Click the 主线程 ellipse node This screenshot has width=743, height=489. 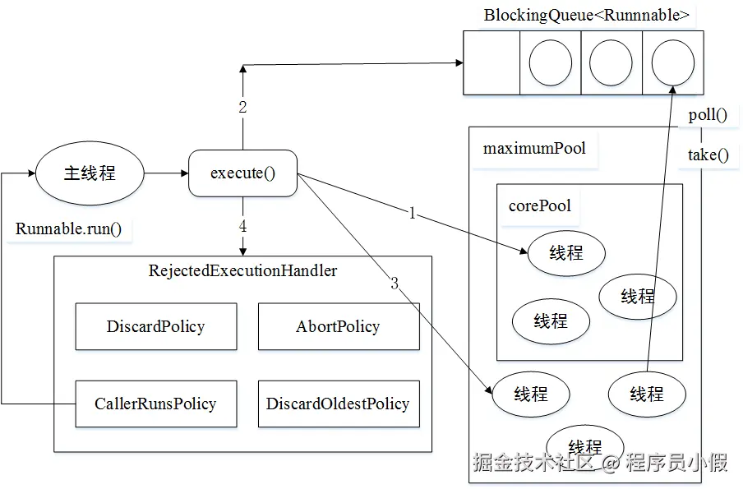(x=90, y=173)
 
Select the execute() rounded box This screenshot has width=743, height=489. (x=242, y=173)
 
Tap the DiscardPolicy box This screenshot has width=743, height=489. (x=155, y=326)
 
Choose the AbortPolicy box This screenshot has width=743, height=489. (x=338, y=326)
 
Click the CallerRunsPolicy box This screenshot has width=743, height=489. (x=155, y=404)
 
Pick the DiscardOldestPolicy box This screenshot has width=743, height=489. (x=338, y=404)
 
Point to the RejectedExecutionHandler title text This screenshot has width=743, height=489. (x=242, y=270)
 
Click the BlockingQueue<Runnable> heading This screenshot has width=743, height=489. (x=586, y=15)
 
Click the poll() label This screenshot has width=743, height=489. (x=708, y=115)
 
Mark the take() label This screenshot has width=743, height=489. (x=708, y=155)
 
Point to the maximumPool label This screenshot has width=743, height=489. (x=534, y=149)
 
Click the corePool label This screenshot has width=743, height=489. (x=539, y=205)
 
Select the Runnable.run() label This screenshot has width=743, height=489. (x=68, y=228)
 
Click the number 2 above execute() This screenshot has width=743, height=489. (x=242, y=108)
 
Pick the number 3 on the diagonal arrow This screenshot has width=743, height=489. (x=395, y=284)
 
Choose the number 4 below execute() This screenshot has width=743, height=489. (x=242, y=226)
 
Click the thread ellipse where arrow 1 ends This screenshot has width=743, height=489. (x=565, y=253)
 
